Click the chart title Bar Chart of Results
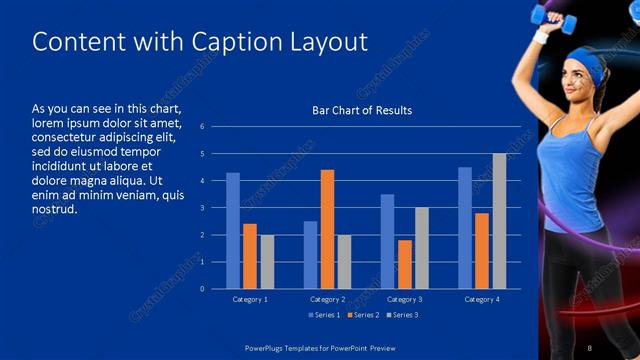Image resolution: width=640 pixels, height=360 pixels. tap(362, 110)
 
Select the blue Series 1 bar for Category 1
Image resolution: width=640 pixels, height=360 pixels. tap(233, 231)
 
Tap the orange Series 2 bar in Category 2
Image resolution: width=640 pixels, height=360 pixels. tap(327, 229)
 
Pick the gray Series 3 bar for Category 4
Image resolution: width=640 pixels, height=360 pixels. tap(499, 221)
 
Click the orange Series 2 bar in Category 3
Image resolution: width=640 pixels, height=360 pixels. tap(404, 264)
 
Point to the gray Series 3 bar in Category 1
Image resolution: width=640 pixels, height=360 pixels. tap(267, 262)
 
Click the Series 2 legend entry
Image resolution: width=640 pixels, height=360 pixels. tap(363, 315)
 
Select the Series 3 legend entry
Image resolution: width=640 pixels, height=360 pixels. tap(403, 315)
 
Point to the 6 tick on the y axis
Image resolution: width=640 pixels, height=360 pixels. tap(202, 127)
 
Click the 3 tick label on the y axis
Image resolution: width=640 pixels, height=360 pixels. tap(202, 208)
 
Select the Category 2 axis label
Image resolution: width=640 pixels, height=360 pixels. tap(327, 299)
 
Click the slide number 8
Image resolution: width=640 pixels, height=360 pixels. tap(590, 346)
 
